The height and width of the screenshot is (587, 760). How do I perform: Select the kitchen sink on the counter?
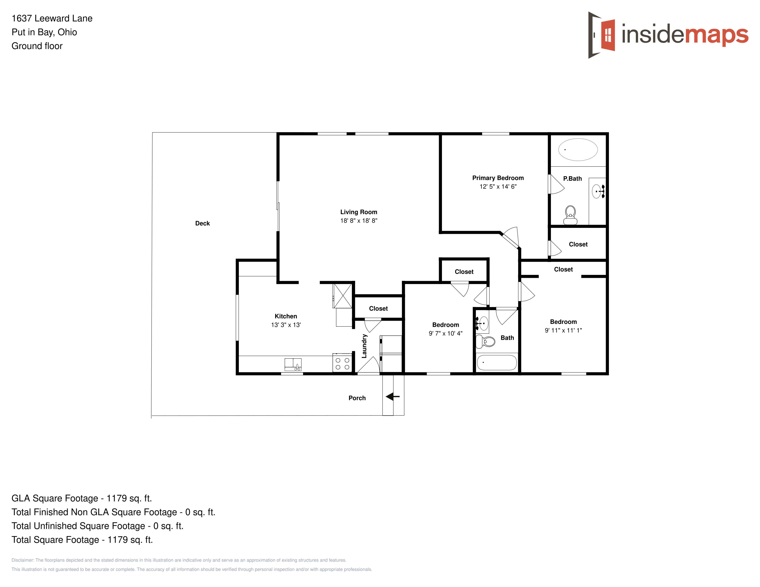point(293,364)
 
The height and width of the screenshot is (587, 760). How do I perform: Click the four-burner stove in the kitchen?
point(342,363)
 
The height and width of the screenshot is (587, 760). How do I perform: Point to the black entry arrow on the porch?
point(392,396)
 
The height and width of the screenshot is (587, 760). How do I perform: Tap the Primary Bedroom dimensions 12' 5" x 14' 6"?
point(498,186)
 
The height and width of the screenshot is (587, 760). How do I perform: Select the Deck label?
point(202,223)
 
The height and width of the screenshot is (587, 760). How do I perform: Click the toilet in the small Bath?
point(485,341)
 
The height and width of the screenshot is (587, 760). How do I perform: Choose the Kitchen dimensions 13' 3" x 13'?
point(286,325)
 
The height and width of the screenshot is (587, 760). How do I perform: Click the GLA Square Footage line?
point(82,498)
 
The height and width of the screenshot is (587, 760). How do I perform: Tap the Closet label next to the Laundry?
point(378,308)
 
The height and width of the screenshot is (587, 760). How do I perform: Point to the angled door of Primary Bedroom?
point(509,240)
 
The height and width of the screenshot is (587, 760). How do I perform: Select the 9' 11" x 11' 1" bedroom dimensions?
point(563,330)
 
